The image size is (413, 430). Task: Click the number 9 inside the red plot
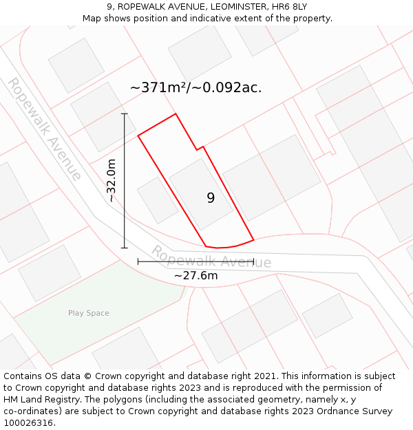click(211, 198)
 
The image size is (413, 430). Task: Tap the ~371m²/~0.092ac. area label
click(196, 87)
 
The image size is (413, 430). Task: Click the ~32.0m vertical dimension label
click(112, 180)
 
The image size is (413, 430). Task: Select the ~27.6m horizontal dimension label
click(195, 275)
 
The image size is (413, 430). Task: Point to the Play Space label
click(88, 313)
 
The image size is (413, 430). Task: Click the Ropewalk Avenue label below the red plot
click(211, 257)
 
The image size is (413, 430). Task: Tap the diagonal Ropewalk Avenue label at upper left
click(44, 129)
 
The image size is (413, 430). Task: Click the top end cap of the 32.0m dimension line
click(125, 114)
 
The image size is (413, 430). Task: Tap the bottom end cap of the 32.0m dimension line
click(125, 248)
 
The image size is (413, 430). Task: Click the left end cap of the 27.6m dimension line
click(138, 261)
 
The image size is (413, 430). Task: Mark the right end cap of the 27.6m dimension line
click(254, 261)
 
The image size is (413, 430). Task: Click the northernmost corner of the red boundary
click(176, 114)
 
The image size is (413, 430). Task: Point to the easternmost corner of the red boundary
click(254, 239)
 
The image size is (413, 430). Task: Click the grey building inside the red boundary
click(200, 193)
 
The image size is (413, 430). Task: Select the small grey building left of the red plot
click(158, 200)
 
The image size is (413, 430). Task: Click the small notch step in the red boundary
click(200, 148)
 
